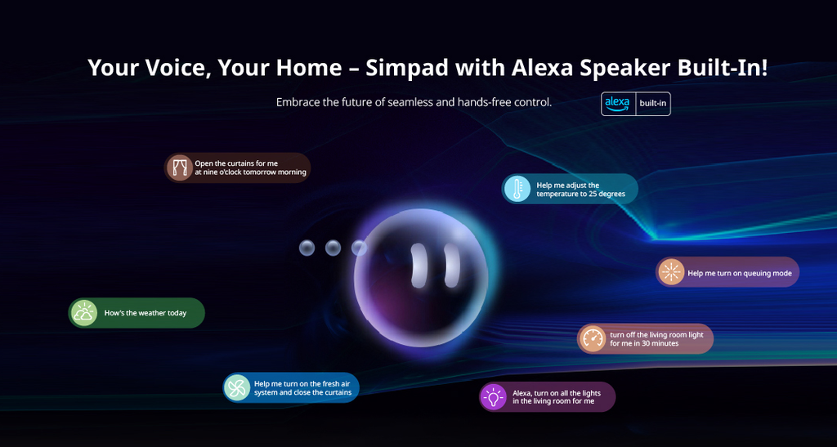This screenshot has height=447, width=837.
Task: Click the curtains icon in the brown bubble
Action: pyautogui.click(x=179, y=168)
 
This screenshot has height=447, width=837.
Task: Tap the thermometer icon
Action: pyautogui.click(x=517, y=189)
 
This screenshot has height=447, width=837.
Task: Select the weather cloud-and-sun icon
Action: pyautogui.click(x=84, y=313)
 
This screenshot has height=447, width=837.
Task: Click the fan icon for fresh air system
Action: pyautogui.click(x=237, y=387)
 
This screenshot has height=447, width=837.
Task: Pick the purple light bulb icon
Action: pyautogui.click(x=493, y=397)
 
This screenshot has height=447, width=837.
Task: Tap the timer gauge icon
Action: pyautogui.click(x=593, y=338)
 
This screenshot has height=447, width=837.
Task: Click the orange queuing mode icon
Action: pyautogui.click(x=671, y=272)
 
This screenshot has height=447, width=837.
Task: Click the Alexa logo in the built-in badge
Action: pyautogui.click(x=618, y=104)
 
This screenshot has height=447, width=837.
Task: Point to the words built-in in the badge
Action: pyautogui.click(x=652, y=104)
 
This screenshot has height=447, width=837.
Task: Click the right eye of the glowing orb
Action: pyautogui.click(x=452, y=265)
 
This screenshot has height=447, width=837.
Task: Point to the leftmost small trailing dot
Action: pyautogui.click(x=307, y=248)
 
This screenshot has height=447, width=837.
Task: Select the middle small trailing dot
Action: pyautogui.click(x=333, y=248)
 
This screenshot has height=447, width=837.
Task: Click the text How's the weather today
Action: pyautogui.click(x=145, y=313)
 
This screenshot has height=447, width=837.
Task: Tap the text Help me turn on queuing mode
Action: pyautogui.click(x=739, y=273)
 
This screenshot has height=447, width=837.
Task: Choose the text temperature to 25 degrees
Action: pyautogui.click(x=581, y=194)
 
